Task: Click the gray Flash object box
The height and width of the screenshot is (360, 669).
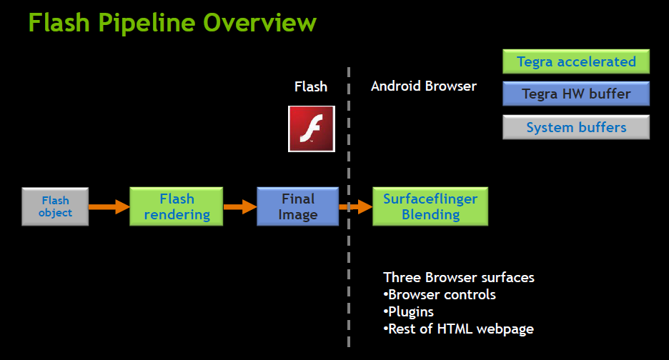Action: [55, 206]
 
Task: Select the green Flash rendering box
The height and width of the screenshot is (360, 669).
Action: [177, 206]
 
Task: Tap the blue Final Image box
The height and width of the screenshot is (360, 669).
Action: [298, 206]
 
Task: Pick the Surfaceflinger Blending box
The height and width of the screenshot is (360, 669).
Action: [430, 206]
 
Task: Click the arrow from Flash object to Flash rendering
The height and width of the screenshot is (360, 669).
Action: [109, 207]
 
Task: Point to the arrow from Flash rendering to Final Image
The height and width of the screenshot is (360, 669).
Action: [240, 207]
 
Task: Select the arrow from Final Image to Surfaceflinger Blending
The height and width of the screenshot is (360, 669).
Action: [356, 207]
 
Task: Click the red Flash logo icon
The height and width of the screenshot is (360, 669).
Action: [312, 129]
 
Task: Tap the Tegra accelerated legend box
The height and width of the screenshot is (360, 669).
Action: [576, 61]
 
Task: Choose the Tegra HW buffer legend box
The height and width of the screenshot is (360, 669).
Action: [576, 94]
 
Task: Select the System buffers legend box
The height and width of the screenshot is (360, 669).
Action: [576, 127]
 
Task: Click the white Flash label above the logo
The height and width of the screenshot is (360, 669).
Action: [311, 86]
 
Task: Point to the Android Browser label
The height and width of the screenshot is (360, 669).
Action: [424, 86]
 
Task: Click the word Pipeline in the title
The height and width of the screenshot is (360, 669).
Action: [147, 24]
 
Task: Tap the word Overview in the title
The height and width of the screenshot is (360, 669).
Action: [260, 23]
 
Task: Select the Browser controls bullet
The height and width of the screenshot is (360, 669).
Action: [440, 295]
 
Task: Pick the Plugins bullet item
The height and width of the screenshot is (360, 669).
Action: [408, 312]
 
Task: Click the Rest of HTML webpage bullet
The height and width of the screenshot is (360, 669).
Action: [459, 329]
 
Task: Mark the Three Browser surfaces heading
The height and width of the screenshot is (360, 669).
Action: [459, 278]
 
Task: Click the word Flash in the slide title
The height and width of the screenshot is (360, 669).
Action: [59, 23]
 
